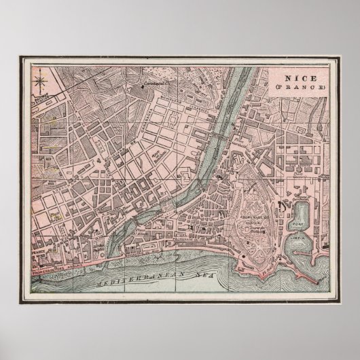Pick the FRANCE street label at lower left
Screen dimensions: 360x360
click(x=38, y=251)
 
